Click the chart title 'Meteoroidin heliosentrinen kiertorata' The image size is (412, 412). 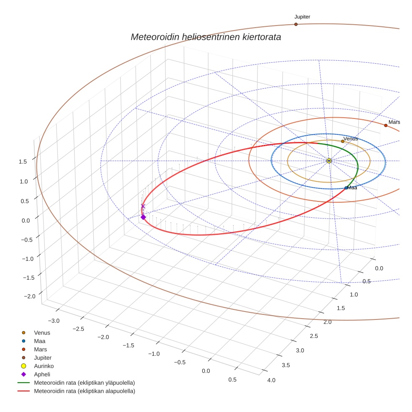[206, 37]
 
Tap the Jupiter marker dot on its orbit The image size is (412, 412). [296, 24]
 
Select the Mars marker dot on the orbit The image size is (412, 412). [386, 125]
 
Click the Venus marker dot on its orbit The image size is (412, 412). [342, 141]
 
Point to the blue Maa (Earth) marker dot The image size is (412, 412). [346, 188]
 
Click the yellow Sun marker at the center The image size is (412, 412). [329, 161]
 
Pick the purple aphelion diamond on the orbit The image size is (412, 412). [143, 217]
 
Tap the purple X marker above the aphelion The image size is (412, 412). [143, 206]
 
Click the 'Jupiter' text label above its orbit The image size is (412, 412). [302, 17]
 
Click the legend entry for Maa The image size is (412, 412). [40, 341]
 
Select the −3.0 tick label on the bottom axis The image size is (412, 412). [54, 321]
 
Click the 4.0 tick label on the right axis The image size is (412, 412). [271, 380]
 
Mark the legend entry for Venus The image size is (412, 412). [42, 332]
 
